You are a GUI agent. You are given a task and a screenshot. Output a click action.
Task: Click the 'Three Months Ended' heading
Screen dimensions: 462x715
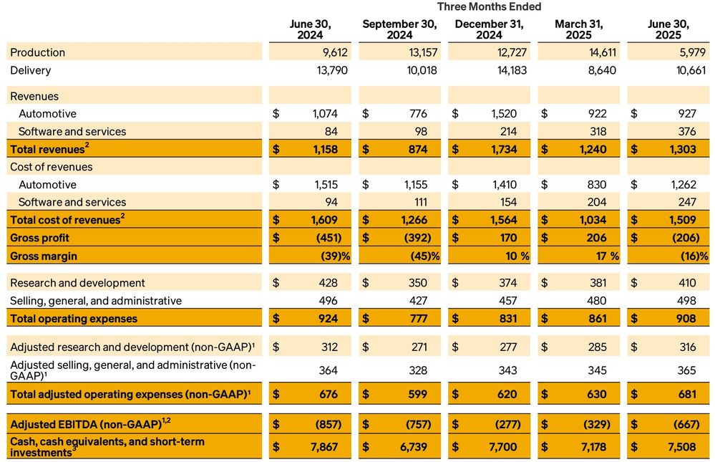(x=489, y=6)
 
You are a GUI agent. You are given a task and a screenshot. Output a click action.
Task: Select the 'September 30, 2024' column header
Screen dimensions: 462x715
(x=399, y=29)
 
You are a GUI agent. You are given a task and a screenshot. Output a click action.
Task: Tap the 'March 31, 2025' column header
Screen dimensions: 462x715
(x=579, y=29)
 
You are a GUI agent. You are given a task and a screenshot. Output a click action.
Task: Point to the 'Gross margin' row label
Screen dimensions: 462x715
(x=44, y=256)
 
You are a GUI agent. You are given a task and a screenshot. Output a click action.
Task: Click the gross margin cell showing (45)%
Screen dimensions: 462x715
(x=423, y=256)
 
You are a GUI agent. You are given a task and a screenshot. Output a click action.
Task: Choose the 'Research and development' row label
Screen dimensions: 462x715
(x=77, y=283)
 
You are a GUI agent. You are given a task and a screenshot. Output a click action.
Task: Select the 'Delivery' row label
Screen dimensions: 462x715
(x=30, y=70)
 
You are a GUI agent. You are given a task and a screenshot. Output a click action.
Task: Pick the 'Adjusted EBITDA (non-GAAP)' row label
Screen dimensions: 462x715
(x=87, y=424)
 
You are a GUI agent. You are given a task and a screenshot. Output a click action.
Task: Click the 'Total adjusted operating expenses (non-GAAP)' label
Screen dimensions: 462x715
(x=133, y=394)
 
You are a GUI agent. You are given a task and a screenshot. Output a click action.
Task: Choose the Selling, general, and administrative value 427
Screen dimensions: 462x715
(x=417, y=301)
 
